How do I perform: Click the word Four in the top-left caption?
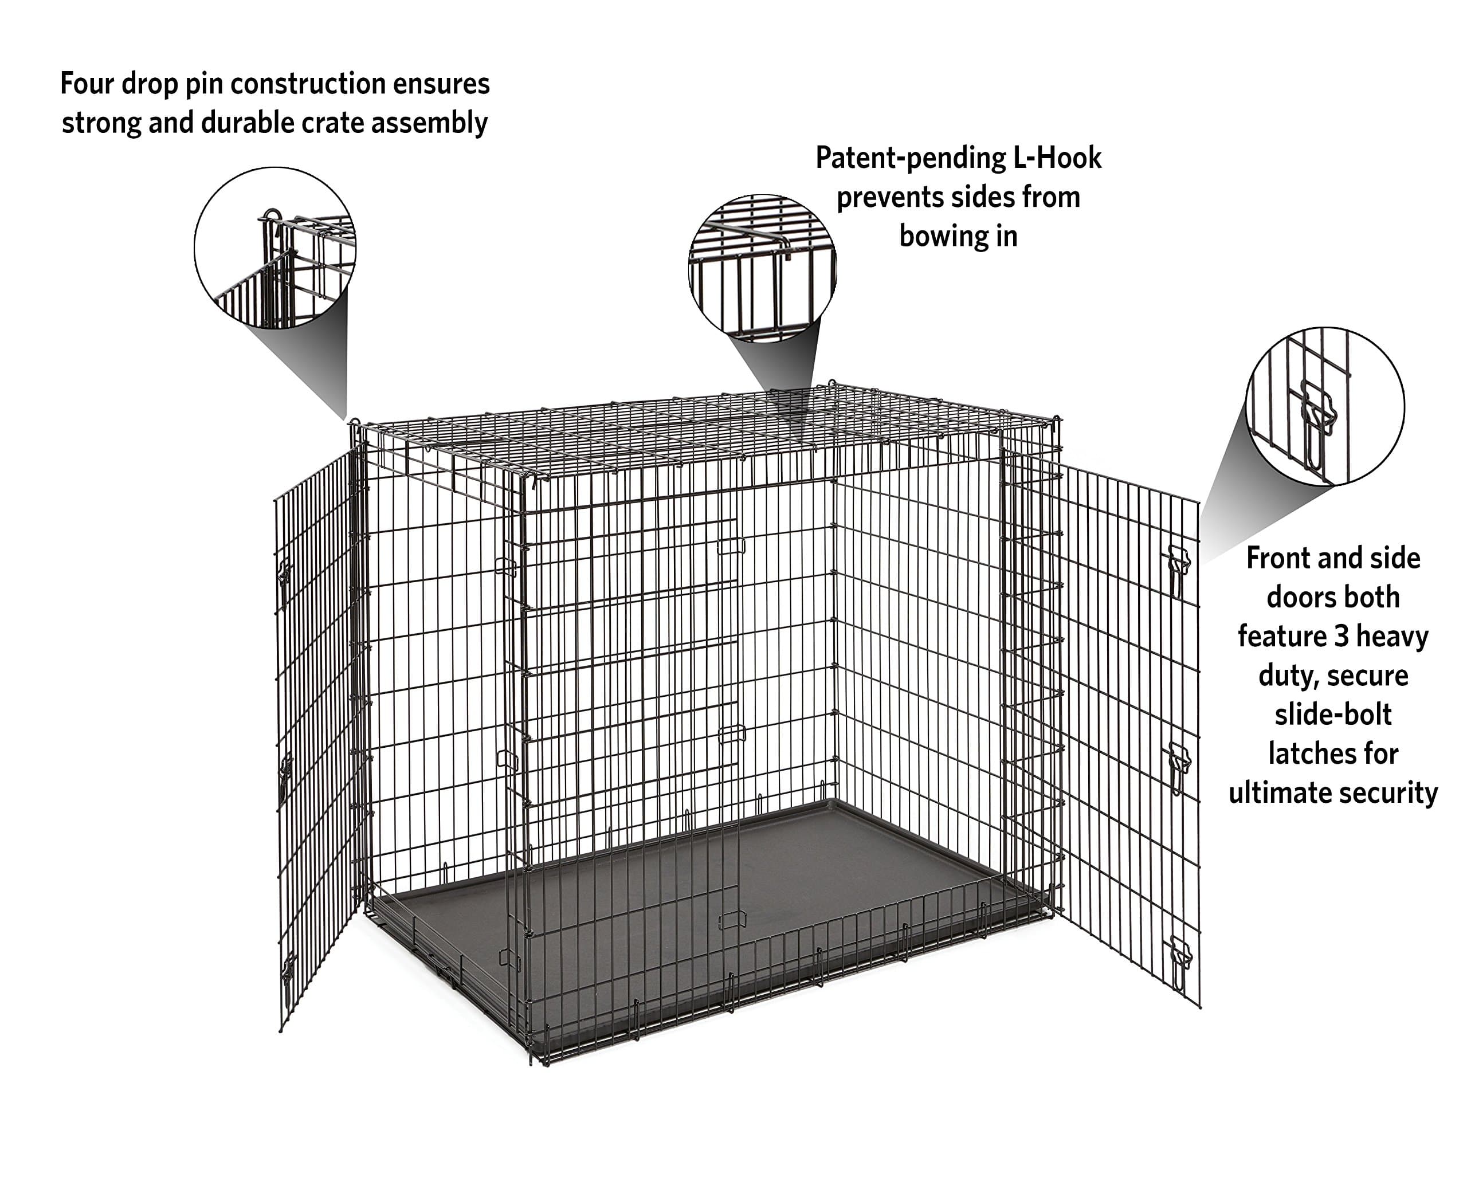[87, 84]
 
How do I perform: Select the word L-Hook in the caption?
[1057, 158]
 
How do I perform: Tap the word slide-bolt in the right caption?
[1332, 715]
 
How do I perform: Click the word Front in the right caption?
[1277, 558]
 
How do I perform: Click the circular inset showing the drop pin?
[275, 248]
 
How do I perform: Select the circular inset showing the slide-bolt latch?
[1324, 406]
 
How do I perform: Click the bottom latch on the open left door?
[287, 970]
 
